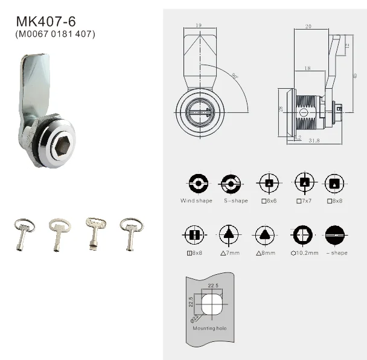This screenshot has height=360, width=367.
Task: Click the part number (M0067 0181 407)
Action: click(x=55, y=34)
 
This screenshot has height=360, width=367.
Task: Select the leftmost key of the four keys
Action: click(x=24, y=233)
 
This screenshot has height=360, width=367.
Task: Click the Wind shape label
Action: click(x=196, y=201)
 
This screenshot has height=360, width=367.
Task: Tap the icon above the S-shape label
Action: click(x=231, y=182)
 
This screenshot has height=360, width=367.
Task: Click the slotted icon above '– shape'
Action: click(x=336, y=234)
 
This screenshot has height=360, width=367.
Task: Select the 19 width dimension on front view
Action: click(x=198, y=26)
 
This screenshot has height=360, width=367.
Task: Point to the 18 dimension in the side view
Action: click(x=308, y=69)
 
